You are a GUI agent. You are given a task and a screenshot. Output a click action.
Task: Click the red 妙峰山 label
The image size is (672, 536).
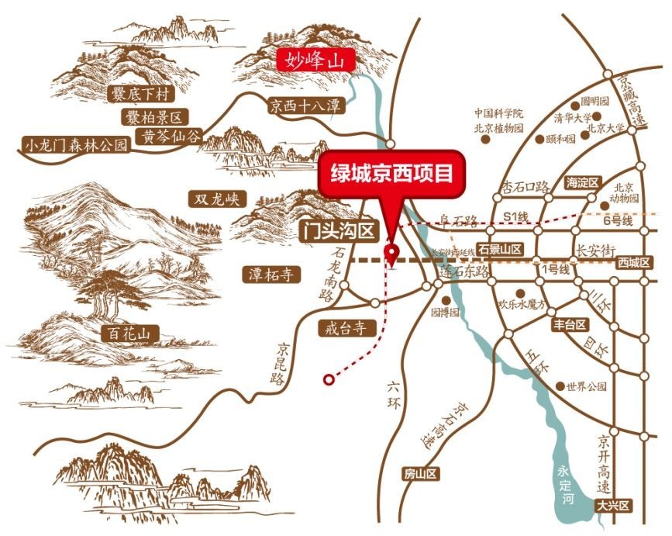click(315, 58)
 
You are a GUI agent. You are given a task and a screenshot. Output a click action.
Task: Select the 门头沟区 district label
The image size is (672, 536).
click(337, 230)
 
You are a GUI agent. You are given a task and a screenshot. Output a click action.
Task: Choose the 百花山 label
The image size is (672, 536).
click(130, 334)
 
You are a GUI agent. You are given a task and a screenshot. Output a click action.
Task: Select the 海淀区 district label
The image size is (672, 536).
click(583, 182)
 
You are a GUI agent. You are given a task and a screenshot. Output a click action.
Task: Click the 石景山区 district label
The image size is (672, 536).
click(500, 249)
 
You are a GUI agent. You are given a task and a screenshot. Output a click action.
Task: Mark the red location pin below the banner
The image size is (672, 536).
click(392, 253)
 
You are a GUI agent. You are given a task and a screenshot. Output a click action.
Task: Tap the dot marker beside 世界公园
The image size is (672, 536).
click(560, 386)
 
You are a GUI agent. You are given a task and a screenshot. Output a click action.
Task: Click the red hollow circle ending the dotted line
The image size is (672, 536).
click(329, 379)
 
